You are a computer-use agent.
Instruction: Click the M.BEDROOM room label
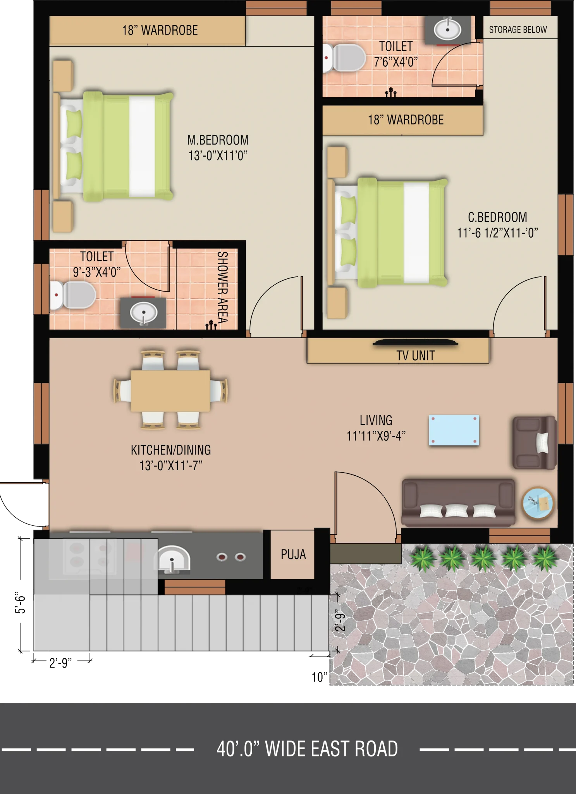[x=218, y=148]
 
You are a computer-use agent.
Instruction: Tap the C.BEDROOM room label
[x=497, y=225]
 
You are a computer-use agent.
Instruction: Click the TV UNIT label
[x=415, y=356]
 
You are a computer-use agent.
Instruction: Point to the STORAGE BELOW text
[x=518, y=30]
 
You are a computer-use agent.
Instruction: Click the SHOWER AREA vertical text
[x=222, y=287]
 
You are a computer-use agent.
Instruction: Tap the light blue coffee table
[x=454, y=430]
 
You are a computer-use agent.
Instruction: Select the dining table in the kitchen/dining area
[x=170, y=390]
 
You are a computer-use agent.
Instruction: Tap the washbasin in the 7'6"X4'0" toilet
[x=447, y=29]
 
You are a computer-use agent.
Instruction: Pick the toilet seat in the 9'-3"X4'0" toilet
[x=73, y=295]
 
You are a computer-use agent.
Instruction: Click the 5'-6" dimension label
[x=20, y=602]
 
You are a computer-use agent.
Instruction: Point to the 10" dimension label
[x=320, y=677]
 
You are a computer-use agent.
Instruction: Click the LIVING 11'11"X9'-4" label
[x=376, y=428]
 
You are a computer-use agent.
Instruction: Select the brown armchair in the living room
[x=535, y=443]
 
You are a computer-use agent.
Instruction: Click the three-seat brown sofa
[x=458, y=502]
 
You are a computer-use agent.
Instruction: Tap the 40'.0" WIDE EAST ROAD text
[x=307, y=749]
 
